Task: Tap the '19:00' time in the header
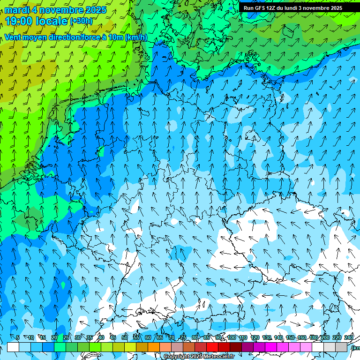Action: click(20, 21)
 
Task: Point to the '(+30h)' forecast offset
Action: click(81, 21)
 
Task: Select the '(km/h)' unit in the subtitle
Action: click(136, 37)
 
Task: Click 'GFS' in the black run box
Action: click(261, 8)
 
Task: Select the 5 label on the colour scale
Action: click(18, 338)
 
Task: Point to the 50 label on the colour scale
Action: click(125, 338)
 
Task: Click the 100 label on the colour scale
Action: click(232, 338)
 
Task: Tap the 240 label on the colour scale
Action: click(349, 338)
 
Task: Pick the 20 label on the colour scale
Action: click(54, 338)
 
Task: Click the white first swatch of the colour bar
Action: click(13, 347)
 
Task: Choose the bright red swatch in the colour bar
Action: click(212, 347)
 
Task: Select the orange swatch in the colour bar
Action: click(154, 347)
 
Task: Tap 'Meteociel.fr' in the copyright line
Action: click(218, 357)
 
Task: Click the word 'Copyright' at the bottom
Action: click(177, 357)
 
